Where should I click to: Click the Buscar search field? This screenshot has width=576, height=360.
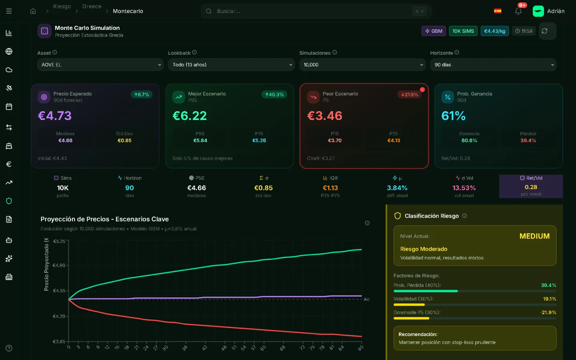pos(312,11)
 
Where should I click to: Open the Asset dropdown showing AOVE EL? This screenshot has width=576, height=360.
pos(100,65)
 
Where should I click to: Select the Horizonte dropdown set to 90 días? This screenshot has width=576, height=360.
pos(493,65)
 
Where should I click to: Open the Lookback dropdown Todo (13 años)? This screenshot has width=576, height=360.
pos(231,65)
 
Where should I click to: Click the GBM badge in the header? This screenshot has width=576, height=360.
pos(434,31)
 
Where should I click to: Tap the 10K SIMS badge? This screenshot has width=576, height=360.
pos(463,31)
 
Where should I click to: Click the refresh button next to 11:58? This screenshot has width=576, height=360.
pos(544,31)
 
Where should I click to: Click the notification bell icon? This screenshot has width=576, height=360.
pos(518,11)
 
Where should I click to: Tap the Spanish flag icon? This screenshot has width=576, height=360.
pos(498,11)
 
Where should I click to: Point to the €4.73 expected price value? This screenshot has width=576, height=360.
pos(55,116)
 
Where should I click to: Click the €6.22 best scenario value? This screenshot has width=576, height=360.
pos(190,116)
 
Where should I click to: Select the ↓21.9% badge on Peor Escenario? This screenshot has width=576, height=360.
pos(409,95)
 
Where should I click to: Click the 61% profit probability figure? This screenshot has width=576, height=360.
pos(453,116)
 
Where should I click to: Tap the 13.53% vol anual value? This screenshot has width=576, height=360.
pos(464,188)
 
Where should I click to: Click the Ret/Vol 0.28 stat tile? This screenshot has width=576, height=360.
pos(531,186)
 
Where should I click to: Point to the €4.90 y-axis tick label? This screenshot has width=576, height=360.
pos(59,265)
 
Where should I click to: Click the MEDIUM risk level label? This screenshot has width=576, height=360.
pos(534,236)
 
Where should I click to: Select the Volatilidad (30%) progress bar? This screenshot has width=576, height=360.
pos(475,305)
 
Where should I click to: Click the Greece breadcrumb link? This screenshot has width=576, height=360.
pos(92,6)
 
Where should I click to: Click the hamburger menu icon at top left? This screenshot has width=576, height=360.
pos(9,11)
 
